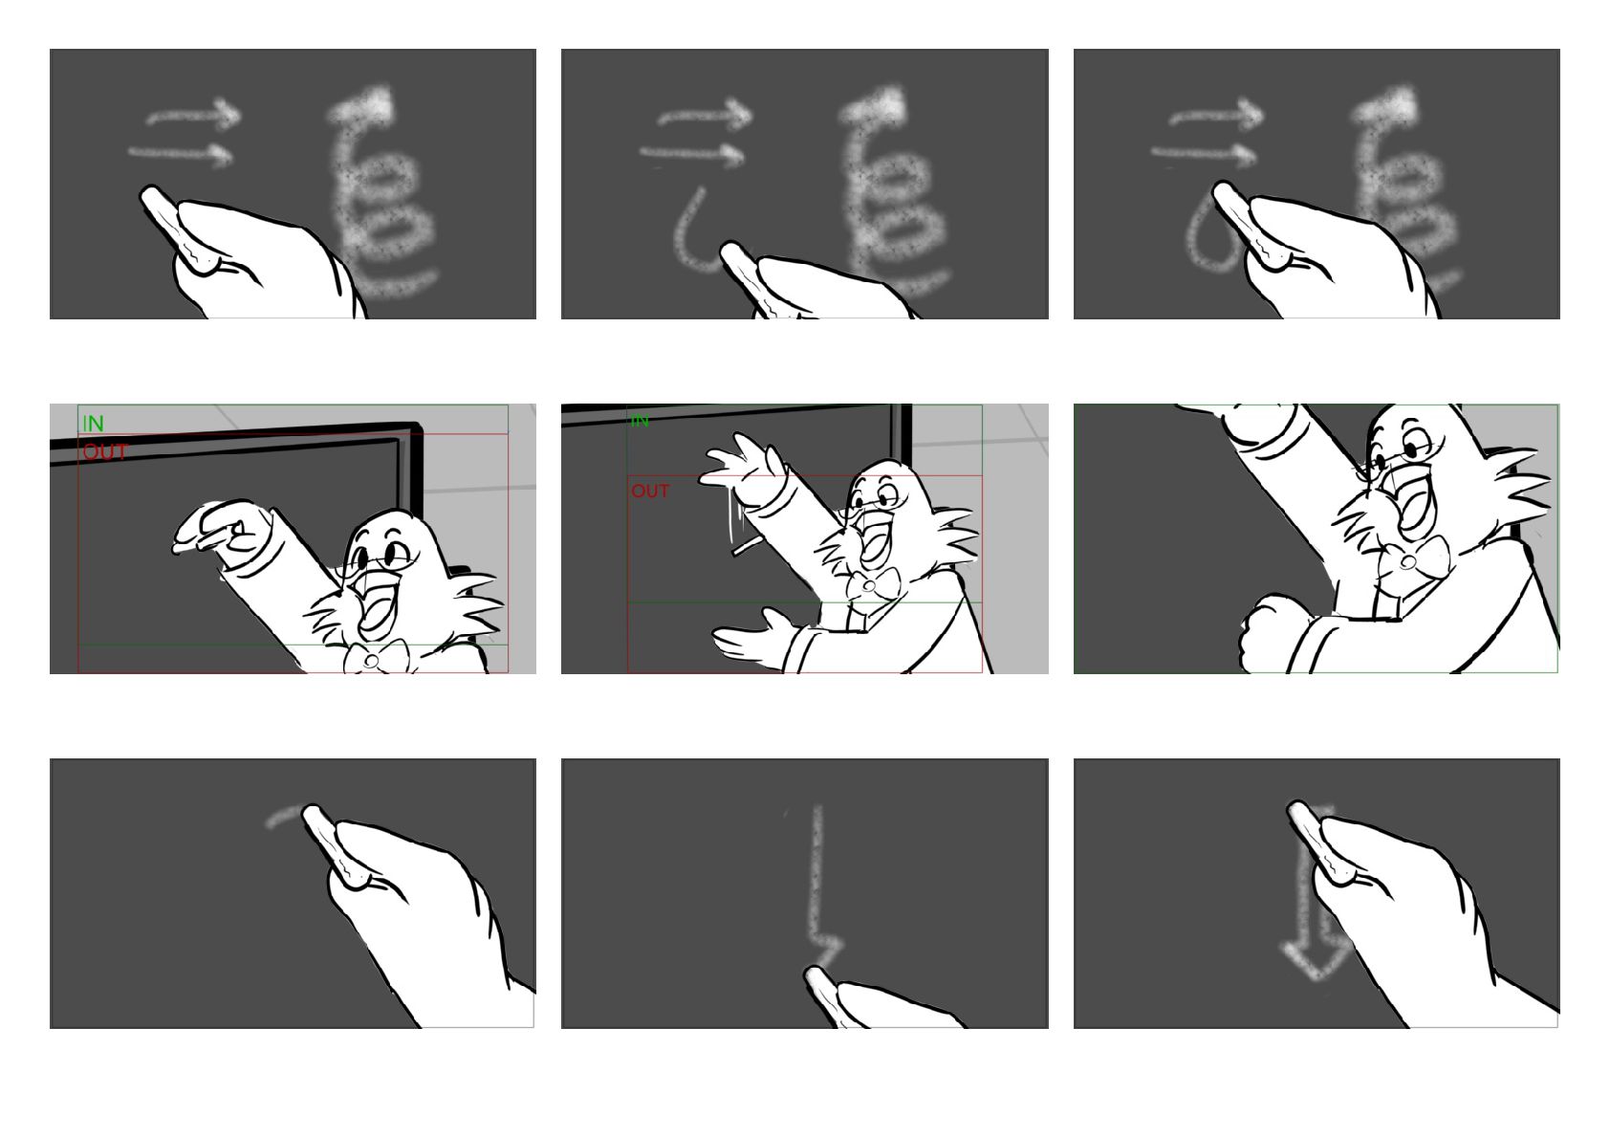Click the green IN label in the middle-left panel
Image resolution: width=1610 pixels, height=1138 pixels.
pyautogui.click(x=93, y=424)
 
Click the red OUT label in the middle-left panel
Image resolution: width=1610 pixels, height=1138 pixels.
pyautogui.click(x=105, y=451)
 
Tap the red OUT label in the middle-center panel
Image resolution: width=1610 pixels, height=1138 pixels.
pyautogui.click(x=650, y=491)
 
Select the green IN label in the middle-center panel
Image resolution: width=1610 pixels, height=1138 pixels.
pyautogui.click(x=639, y=422)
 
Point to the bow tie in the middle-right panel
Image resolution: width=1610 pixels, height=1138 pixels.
pyautogui.click(x=1410, y=561)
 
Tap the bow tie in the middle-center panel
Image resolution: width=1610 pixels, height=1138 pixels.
pyautogui.click(x=871, y=583)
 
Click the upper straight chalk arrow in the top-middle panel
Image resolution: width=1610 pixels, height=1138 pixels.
pyautogui.click(x=705, y=115)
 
